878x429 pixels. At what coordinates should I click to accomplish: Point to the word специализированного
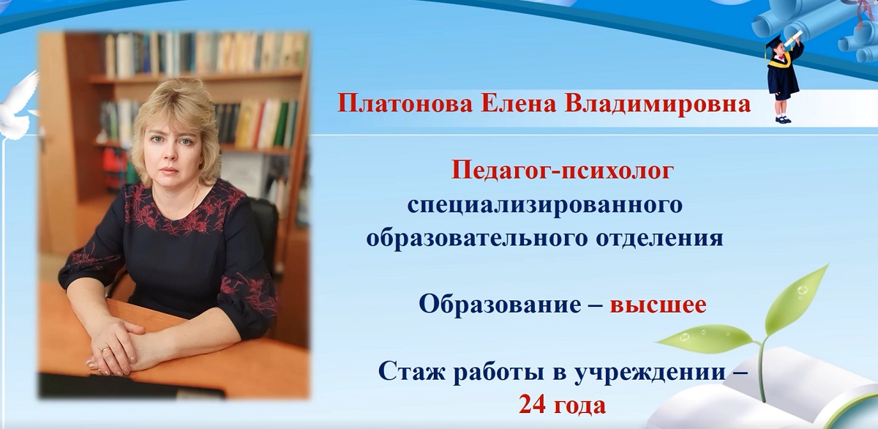(544, 205)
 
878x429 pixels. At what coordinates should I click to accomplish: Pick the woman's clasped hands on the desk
(117, 344)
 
